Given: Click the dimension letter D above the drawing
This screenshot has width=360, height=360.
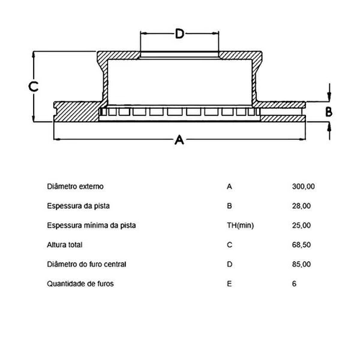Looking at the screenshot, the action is (x=179, y=34).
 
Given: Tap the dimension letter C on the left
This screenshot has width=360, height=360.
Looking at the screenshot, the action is (x=33, y=86).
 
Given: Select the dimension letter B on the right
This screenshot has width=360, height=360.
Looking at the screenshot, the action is (x=329, y=112).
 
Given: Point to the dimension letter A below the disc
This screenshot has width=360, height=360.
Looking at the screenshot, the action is (x=179, y=140).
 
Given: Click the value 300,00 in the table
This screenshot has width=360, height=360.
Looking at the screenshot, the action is (x=303, y=186).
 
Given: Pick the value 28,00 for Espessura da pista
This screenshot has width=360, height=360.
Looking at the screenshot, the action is (x=302, y=206).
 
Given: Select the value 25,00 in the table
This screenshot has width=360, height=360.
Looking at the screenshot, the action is (x=302, y=225).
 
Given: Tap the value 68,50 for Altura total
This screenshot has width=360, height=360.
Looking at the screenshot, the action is (x=302, y=245).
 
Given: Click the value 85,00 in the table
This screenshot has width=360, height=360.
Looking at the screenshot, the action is (x=302, y=264).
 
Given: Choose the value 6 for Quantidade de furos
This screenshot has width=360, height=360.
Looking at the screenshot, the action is (x=294, y=284).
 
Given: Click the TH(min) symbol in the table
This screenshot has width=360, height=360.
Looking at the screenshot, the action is (x=240, y=225).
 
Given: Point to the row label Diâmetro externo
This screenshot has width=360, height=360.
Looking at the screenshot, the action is (x=76, y=186).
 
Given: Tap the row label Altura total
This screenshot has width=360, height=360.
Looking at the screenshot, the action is (x=65, y=245).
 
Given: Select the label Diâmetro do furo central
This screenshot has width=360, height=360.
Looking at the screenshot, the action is (x=86, y=264).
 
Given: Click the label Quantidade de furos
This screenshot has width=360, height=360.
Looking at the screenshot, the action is (x=81, y=284).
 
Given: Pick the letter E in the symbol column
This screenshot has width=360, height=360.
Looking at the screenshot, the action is (x=229, y=284).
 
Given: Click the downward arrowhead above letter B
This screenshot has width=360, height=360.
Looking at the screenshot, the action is (x=329, y=96).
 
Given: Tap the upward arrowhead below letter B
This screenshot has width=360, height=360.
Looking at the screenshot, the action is (x=329, y=127).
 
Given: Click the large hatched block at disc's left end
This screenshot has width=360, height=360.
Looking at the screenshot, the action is (x=76, y=112).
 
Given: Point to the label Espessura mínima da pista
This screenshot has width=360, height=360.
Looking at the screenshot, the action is (x=91, y=225).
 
